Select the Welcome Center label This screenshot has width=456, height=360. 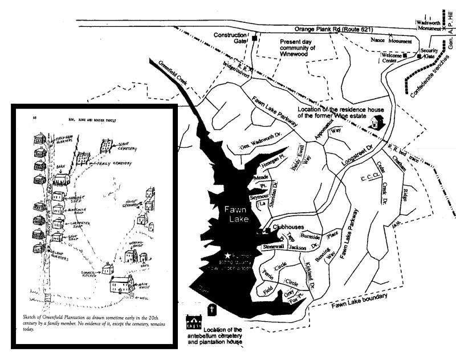[x=389, y=58]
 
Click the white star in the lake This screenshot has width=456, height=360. [x=228, y=256]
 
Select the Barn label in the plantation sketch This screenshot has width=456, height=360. [x=63, y=169]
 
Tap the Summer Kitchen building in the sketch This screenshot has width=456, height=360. [x=106, y=267]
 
